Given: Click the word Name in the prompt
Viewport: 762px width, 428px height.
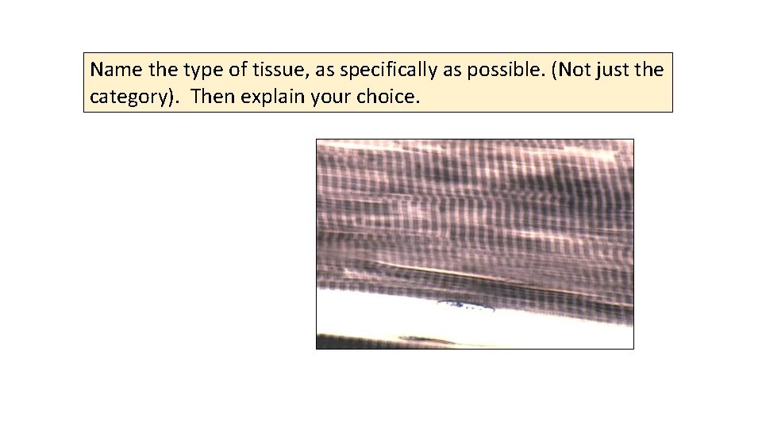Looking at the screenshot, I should click(x=110, y=71).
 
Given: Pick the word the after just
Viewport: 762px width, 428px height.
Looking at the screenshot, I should click(x=650, y=71).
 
